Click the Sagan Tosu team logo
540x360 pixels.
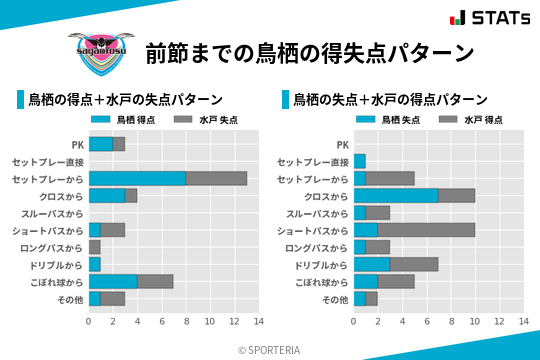pyautogui.click(x=97, y=50)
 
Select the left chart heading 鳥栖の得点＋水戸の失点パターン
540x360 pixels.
pyautogui.click(x=125, y=100)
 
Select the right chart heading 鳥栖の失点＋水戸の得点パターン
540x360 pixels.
pyautogui.click(x=391, y=100)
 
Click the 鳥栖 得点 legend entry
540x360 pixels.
pyautogui.click(x=125, y=120)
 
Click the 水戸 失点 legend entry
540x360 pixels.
pyautogui.click(x=206, y=120)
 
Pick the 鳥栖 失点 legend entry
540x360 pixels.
pyautogui.click(x=390, y=120)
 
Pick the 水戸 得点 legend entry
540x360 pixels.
pyautogui.click(x=471, y=120)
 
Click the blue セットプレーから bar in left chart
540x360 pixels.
pyautogui.click(x=137, y=178)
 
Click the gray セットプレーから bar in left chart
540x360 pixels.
pyautogui.click(x=216, y=178)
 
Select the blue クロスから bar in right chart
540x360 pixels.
pyautogui.click(x=396, y=195)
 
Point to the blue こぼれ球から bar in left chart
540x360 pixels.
pyautogui.click(x=113, y=281)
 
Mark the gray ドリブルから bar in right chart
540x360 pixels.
pyautogui.click(x=414, y=264)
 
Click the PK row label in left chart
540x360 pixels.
pyautogui.click(x=77, y=144)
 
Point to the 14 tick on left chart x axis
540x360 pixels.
pyautogui.click(x=258, y=322)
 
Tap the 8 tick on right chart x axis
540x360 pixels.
pyautogui.click(x=451, y=322)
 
